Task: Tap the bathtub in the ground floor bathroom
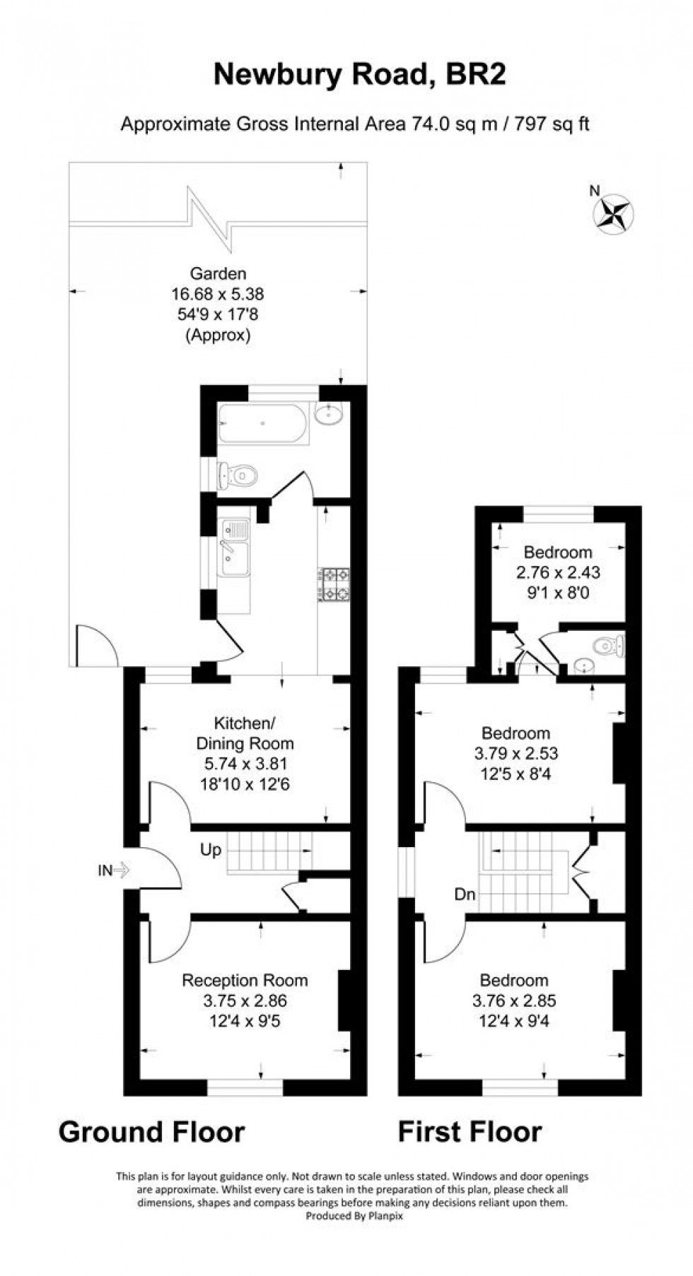click(x=264, y=423)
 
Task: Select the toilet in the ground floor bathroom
click(x=238, y=475)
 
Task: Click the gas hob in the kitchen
click(x=334, y=584)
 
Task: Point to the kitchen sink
click(x=234, y=548)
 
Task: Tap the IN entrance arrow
click(x=113, y=870)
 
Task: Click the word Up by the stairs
click(x=211, y=850)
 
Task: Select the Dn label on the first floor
click(x=465, y=894)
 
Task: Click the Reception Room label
click(x=245, y=980)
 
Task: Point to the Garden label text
click(x=218, y=273)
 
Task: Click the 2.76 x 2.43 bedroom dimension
click(x=558, y=572)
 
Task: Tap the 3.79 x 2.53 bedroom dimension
click(x=516, y=753)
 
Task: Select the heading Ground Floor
click(x=151, y=1131)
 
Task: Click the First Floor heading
click(x=470, y=1131)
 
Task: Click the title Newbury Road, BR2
click(x=359, y=74)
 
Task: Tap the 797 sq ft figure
click(x=552, y=124)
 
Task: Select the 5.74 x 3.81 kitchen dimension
click(x=245, y=764)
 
